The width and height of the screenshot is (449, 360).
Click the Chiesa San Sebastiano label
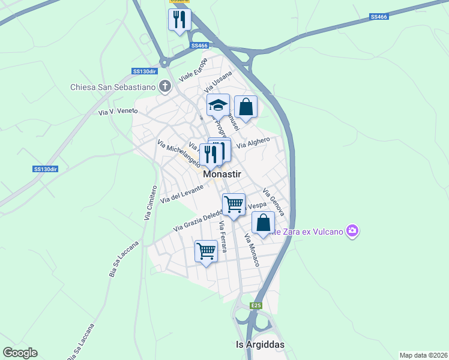tap(113, 88)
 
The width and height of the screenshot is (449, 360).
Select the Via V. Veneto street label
tap(118, 112)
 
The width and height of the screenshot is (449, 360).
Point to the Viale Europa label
tap(192, 70)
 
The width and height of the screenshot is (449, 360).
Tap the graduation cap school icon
tap(218, 106)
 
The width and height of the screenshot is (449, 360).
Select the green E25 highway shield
tap(256, 305)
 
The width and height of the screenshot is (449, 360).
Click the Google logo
tap(20, 353)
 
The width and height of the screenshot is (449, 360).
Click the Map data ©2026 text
tap(423, 355)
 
